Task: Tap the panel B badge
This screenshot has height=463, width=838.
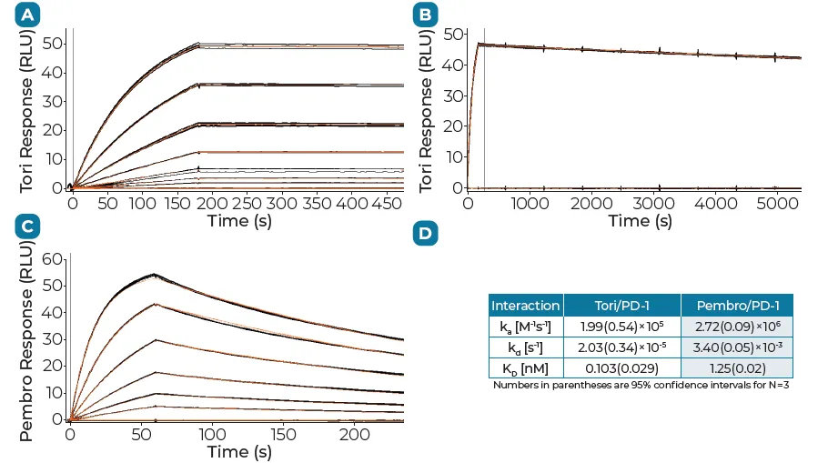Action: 424,15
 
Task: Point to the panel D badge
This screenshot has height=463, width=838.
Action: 424,234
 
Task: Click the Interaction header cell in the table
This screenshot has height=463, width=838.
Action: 526,306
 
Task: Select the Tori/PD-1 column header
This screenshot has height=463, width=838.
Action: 622,306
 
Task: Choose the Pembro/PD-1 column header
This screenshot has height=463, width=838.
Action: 737,306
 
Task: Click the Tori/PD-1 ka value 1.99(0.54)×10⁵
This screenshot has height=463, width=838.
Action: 622,326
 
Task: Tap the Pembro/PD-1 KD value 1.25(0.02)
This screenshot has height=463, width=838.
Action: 737,367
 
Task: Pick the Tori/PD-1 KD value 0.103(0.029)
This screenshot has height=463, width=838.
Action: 622,367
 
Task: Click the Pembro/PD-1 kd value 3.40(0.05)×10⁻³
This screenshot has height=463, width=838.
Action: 737,347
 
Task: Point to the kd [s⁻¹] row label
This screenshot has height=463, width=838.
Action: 526,347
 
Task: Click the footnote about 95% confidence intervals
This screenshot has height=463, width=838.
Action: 641,385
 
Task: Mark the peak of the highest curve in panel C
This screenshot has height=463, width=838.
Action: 154,274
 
